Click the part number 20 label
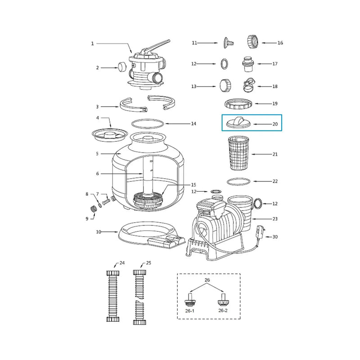click(275, 124)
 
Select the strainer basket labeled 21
click(238, 153)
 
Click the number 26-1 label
click(189, 311)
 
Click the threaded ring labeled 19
click(238, 104)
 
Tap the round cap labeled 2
click(122, 67)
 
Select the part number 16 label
click(280, 43)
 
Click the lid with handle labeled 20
click(238, 122)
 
